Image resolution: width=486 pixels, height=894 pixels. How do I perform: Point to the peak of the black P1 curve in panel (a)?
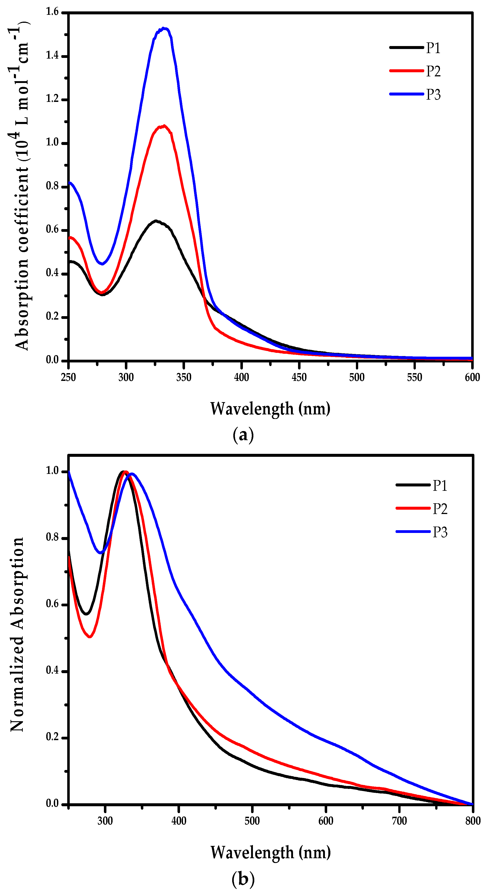[x=156, y=221]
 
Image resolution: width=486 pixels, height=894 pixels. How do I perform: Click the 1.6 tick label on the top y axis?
[x=52, y=12]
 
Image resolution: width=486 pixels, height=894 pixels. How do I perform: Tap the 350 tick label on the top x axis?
[x=183, y=377]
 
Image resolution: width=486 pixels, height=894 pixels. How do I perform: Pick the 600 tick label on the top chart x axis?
[x=472, y=377]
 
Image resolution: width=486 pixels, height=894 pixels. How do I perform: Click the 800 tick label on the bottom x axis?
[x=473, y=821]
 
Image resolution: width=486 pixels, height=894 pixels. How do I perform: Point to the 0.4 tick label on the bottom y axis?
[x=52, y=670]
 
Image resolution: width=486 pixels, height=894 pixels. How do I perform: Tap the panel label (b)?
[x=243, y=879]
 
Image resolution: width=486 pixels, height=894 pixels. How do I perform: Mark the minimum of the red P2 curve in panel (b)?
[x=90, y=636]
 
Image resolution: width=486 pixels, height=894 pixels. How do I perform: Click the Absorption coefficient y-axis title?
[x=21, y=187]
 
